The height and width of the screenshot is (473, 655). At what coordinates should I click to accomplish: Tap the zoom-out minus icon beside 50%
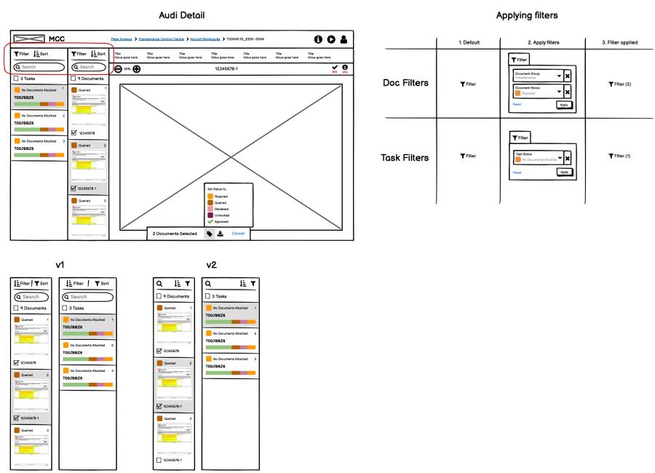click(119, 68)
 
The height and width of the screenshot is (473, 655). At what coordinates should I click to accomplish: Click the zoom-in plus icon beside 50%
click(136, 68)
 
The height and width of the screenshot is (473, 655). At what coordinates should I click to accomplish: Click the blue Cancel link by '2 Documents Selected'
click(238, 234)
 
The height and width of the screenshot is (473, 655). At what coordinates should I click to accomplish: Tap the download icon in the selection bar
click(221, 234)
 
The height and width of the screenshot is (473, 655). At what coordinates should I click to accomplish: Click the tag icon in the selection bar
click(210, 234)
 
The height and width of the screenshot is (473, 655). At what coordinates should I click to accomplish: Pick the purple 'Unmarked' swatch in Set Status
click(211, 215)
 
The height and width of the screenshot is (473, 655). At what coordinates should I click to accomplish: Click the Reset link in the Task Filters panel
click(517, 172)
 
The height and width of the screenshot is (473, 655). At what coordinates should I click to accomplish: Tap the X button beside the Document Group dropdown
click(568, 75)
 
